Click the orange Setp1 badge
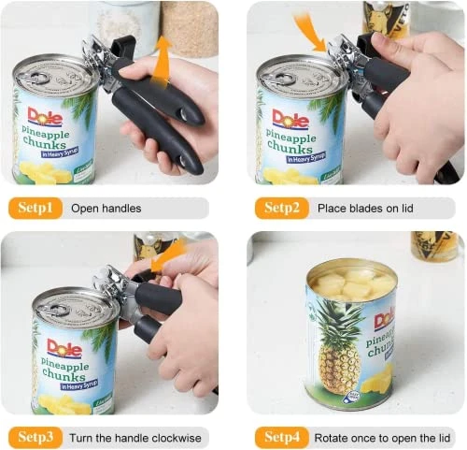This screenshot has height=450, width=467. [x=35, y=207]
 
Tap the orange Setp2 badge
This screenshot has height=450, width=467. [x=281, y=207]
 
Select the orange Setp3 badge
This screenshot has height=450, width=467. [x=35, y=436]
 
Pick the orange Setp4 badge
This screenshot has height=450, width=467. [x=281, y=436]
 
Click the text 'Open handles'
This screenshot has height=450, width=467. [x=106, y=208]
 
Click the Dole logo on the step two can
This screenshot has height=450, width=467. [x=290, y=117]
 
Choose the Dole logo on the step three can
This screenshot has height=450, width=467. [x=64, y=349]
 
